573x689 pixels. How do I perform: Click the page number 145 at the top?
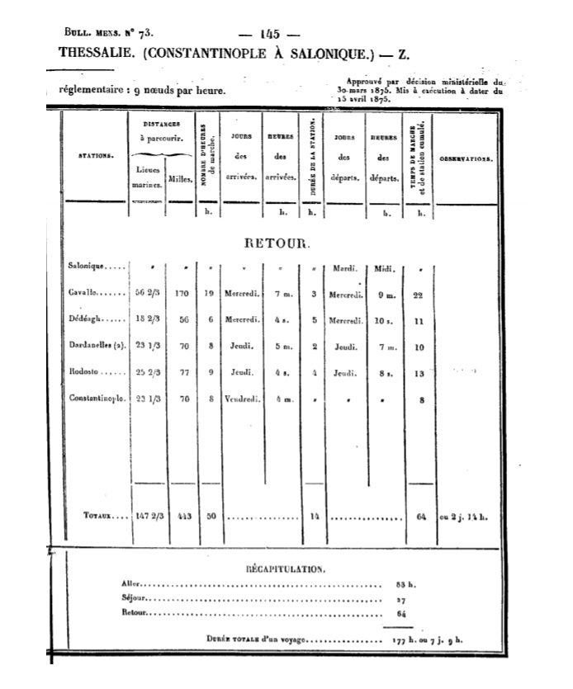click(x=269, y=34)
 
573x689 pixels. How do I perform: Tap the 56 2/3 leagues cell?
click(x=149, y=293)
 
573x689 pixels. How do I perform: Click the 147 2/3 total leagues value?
click(x=149, y=517)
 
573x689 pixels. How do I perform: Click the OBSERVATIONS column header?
click(x=466, y=158)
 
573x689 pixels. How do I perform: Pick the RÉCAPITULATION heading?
click(x=286, y=569)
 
